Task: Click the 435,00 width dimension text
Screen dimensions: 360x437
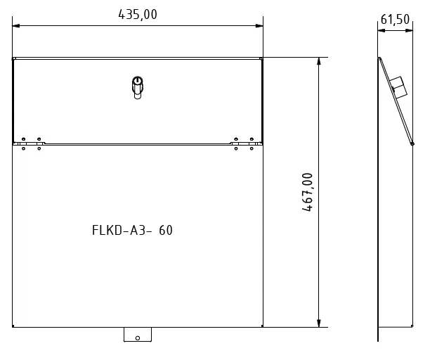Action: [x=138, y=14]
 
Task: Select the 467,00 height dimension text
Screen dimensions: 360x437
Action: [x=307, y=191]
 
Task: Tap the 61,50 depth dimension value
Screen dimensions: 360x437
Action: [x=394, y=19]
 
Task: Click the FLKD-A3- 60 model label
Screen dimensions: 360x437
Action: [x=132, y=230]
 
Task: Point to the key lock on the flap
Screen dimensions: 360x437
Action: [x=138, y=87]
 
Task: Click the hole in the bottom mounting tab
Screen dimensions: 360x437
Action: [x=138, y=337]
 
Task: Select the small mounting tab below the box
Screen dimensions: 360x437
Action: [x=138, y=335]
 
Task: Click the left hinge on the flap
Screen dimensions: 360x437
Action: [x=31, y=143]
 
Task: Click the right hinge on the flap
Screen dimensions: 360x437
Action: [x=244, y=143]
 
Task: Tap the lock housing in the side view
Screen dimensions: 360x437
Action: [x=398, y=88]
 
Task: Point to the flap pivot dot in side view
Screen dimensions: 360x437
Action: [x=412, y=143]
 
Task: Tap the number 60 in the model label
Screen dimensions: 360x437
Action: [x=166, y=230]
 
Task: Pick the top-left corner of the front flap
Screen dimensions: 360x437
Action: [x=13, y=58]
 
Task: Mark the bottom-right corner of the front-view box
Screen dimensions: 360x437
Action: [x=263, y=327]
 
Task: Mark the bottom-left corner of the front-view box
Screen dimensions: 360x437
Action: [x=13, y=327]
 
